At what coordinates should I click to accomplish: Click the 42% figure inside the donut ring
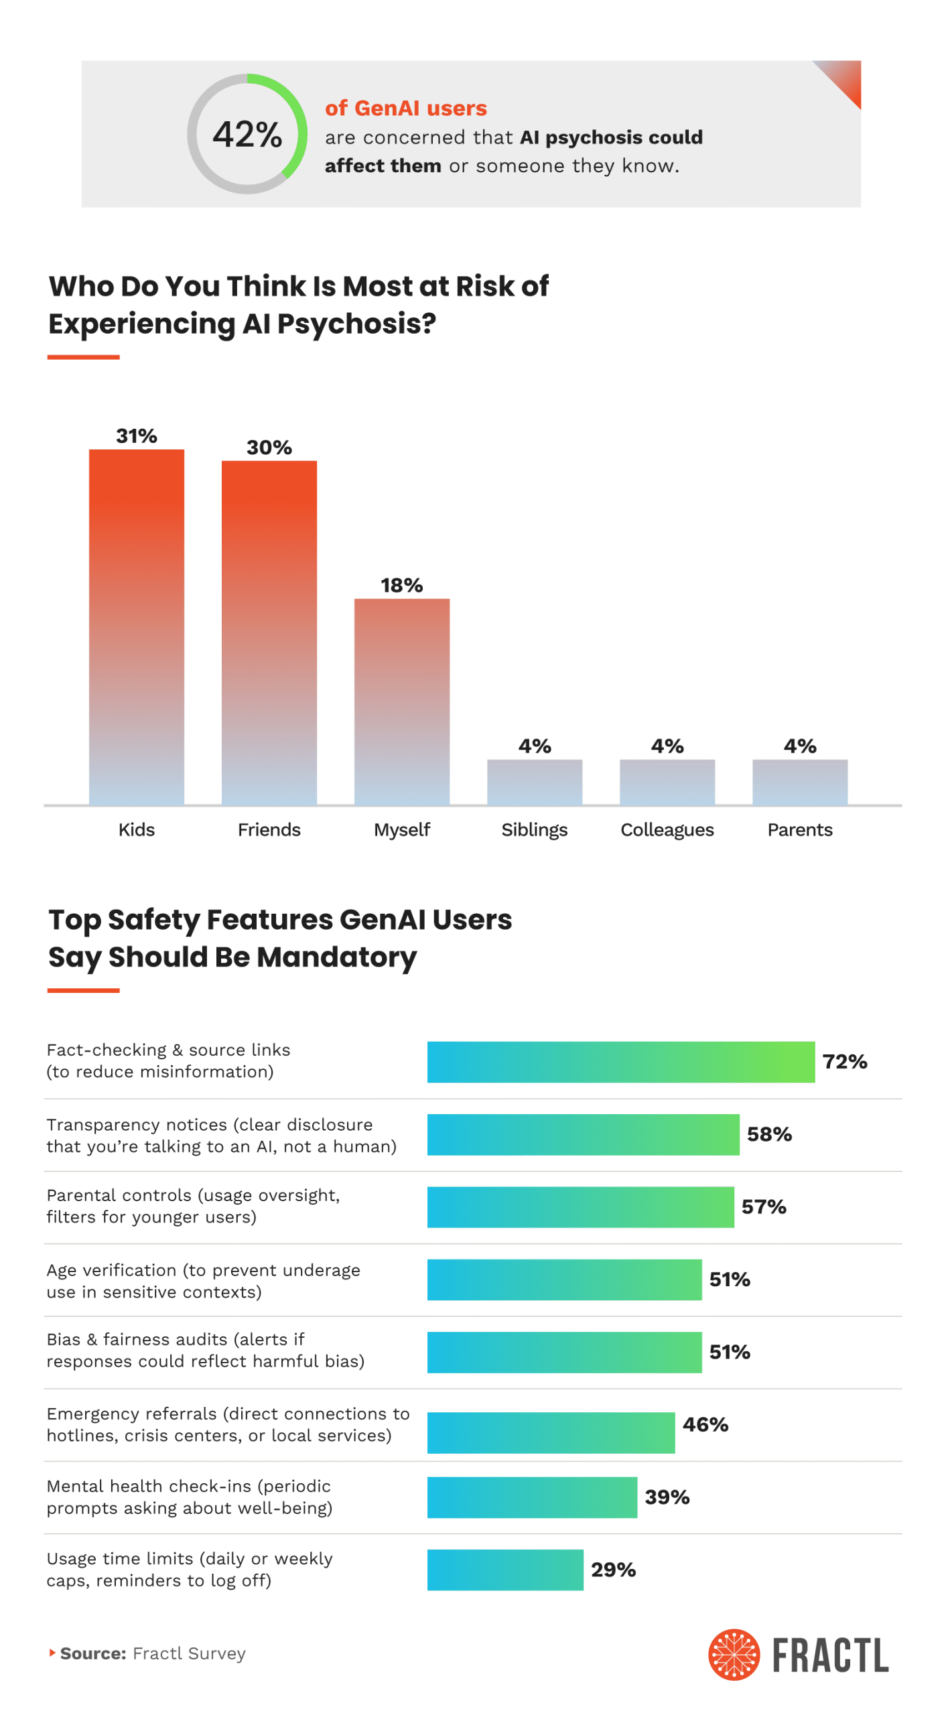[247, 134]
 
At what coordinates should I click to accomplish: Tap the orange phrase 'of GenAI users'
[405, 108]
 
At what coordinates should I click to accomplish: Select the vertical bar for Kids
[137, 626]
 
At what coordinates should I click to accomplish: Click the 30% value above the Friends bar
[269, 447]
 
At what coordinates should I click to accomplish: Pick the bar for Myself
[401, 701]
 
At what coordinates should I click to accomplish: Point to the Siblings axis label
[534, 829]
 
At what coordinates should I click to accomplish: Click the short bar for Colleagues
[667, 782]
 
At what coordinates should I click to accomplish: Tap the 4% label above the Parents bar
[799, 746]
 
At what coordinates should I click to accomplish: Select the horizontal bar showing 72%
[620, 1061]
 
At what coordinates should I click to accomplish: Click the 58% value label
[768, 1134]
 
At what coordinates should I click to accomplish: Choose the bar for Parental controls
[580, 1207]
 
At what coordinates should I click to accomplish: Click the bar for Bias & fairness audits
[564, 1352]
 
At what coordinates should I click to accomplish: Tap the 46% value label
[705, 1424]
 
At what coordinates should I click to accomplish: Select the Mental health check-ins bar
[532, 1497]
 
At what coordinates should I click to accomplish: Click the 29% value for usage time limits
[613, 1569]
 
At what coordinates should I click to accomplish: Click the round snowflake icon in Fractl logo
[734, 1654]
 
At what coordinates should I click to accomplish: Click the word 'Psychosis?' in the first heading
[356, 324]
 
